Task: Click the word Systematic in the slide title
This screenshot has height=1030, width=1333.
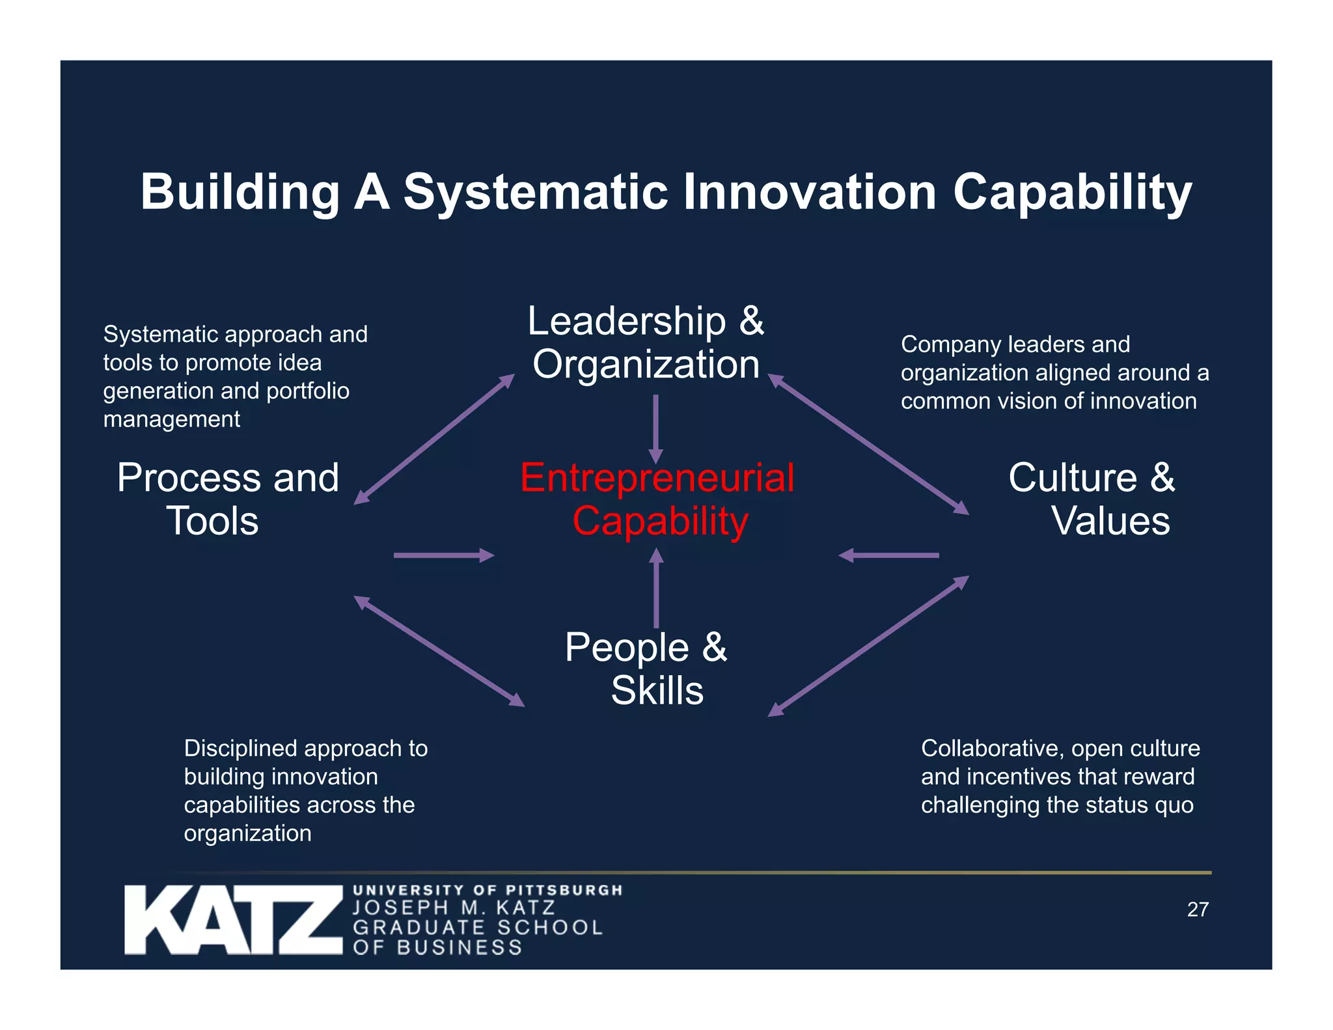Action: point(535,193)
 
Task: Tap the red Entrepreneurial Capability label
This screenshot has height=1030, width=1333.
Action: point(657,499)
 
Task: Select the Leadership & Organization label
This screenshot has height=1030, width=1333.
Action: point(646,342)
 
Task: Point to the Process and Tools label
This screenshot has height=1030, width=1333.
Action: point(227,499)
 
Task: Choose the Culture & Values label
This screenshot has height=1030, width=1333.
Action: point(1092,499)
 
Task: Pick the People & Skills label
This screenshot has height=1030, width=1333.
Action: point(646,669)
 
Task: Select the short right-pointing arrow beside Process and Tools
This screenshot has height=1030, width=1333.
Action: point(443,555)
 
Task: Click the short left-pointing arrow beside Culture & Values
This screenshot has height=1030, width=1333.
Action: point(889,555)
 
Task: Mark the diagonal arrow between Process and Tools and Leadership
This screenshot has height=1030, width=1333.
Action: point(434,439)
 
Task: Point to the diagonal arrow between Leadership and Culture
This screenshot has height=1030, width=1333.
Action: point(869,444)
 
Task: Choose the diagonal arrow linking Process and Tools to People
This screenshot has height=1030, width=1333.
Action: point(439,651)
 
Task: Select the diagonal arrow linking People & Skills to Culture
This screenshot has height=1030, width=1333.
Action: point(869,646)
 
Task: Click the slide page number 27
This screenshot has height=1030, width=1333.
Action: point(1198,910)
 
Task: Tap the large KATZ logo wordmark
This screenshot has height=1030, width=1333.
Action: point(233,919)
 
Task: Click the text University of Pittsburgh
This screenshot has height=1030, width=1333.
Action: point(488,890)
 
